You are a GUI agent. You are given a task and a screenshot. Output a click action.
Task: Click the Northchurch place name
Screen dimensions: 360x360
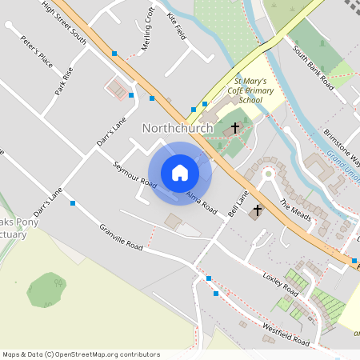[178, 128]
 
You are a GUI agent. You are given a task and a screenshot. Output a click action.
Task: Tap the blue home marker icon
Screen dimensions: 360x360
[180, 173]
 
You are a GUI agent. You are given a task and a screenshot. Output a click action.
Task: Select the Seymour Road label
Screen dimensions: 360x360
[134, 175]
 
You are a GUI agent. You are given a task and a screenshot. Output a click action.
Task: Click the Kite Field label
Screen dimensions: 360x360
[177, 25]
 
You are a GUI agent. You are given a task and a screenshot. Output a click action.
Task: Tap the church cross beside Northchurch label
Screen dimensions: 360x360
[236, 128]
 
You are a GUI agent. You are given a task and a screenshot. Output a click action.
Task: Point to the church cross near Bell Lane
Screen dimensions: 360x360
[257, 211]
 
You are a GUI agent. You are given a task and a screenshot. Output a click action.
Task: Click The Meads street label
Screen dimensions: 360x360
[294, 210]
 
